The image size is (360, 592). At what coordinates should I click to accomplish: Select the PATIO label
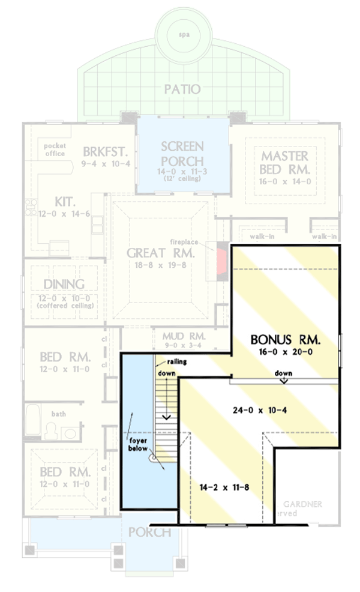[183, 89]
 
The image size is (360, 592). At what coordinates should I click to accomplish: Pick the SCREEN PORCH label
[183, 154]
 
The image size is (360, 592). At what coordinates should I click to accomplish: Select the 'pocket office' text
[55, 150]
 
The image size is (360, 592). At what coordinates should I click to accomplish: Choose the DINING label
[64, 284]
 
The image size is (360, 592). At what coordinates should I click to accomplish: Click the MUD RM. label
[184, 336]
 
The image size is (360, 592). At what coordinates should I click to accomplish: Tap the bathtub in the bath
[34, 422]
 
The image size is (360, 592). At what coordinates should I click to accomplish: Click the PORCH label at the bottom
[149, 532]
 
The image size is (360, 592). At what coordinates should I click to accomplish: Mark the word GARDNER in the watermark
[302, 504]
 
